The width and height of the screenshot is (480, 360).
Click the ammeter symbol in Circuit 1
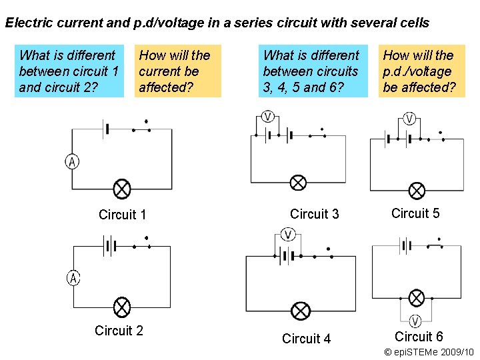72,161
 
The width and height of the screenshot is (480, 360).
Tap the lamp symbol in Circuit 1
122,189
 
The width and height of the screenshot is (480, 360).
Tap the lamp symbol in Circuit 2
122,307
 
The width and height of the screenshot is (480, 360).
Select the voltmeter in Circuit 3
267,116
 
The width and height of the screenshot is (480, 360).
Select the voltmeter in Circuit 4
288,234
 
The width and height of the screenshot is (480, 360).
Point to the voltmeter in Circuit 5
409,119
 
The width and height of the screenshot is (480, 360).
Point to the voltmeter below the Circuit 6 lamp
415,321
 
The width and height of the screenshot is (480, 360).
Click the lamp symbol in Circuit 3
298,183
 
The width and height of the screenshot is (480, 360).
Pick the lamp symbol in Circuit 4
301,311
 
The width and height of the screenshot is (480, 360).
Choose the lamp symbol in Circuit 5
417,191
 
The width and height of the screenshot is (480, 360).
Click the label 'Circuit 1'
122,215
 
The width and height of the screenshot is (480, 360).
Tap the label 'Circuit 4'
306,339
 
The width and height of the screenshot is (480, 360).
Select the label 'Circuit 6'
419,337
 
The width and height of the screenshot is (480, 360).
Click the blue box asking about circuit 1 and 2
69,71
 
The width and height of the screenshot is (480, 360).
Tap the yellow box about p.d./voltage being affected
421,71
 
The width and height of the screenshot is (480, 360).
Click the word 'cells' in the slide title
413,23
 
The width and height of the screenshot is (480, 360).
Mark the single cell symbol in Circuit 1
105,128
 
